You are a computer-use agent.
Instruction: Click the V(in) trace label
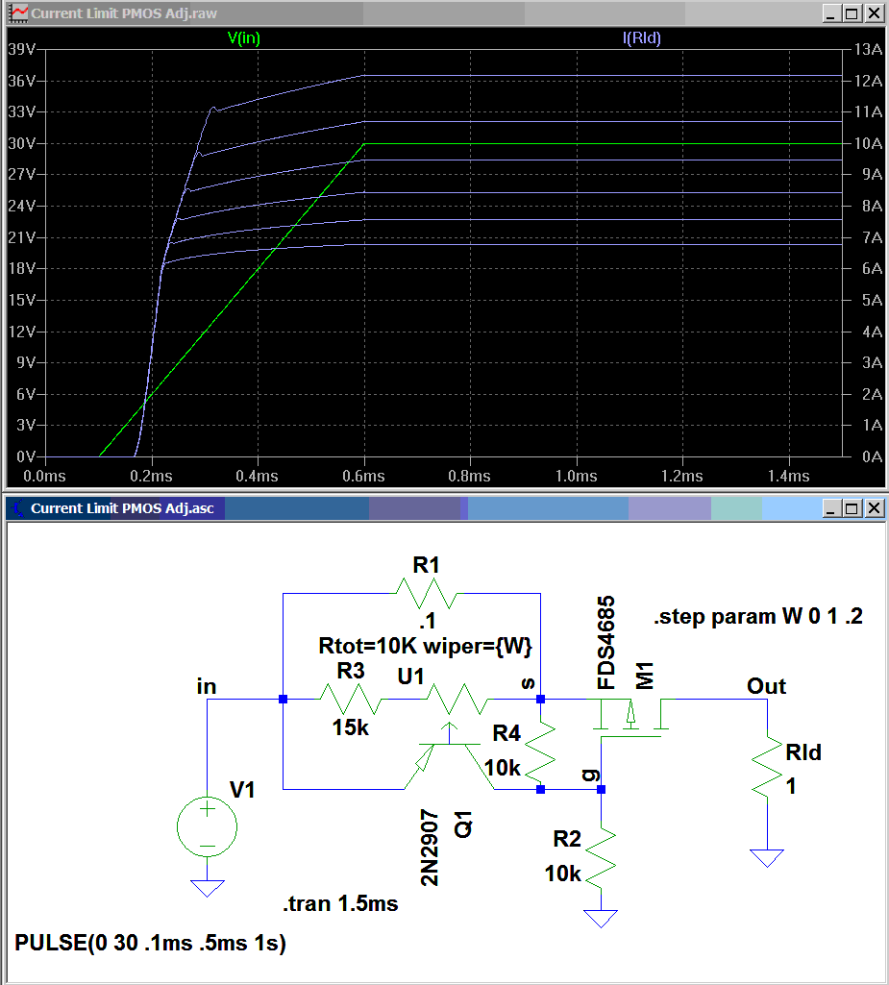coord(243,37)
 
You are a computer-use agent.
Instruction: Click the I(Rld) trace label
coord(642,37)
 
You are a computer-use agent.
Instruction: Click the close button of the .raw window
coord(874,13)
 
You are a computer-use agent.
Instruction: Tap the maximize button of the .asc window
coord(851,507)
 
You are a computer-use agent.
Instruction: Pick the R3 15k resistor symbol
coord(350,700)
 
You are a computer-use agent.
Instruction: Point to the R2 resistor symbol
coord(601,858)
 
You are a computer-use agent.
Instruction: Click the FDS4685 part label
coord(607,642)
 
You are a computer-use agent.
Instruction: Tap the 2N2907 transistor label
coord(430,847)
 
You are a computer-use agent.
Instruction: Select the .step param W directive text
coord(757,618)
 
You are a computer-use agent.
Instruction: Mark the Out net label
coord(766,686)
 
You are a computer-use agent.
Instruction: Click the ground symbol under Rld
coord(768,857)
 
